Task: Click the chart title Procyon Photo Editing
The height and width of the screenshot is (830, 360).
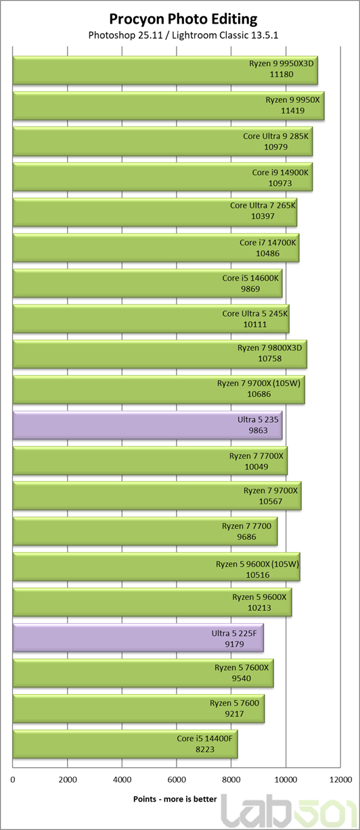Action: (183, 19)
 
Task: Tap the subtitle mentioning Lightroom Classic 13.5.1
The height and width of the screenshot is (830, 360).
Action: (183, 35)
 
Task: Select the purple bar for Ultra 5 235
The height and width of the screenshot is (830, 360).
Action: (148, 425)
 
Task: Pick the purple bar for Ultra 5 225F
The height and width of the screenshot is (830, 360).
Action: (138, 639)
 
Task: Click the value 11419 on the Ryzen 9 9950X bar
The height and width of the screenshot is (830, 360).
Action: (292, 110)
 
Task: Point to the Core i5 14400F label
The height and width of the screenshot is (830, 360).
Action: (204, 739)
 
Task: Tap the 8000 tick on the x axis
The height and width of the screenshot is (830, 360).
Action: (231, 780)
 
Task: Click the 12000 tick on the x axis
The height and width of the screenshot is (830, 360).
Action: (340, 780)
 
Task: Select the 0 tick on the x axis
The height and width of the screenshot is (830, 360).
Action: (13, 780)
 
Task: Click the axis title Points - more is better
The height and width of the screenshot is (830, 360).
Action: (175, 799)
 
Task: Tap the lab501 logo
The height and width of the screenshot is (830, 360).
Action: (290, 812)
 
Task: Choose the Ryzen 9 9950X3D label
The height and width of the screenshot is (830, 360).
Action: (282, 64)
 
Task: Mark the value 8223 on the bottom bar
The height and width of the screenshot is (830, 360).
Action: (205, 750)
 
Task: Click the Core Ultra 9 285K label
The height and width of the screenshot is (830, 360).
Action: (276, 136)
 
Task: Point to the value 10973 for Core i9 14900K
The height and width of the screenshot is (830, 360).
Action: (280, 183)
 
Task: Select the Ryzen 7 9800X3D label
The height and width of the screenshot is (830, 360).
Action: (270, 348)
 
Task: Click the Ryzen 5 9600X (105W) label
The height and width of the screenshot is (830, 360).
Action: (258, 564)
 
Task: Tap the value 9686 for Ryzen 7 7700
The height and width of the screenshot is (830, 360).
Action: (246, 536)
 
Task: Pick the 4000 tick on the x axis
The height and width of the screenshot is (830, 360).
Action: (122, 780)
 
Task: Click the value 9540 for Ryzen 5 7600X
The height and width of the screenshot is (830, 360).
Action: (242, 678)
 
